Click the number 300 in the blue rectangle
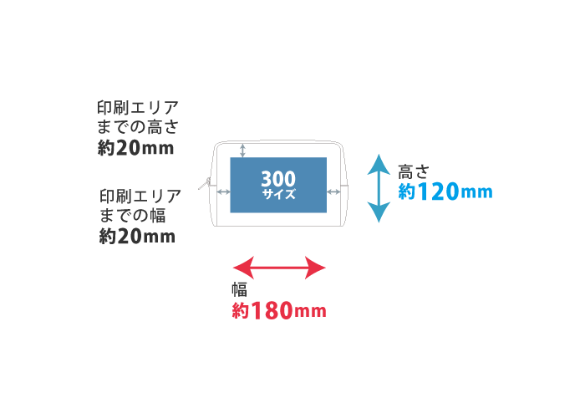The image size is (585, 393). click(277, 179)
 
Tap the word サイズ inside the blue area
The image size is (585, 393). click(277, 194)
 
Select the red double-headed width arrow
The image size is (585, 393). click(278, 268)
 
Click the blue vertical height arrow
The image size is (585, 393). click(379, 188)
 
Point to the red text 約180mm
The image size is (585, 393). click(278, 311)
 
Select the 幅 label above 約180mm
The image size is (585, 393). click(239, 289)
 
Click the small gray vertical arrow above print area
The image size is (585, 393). click(243, 150)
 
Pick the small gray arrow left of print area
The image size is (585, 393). click(223, 192)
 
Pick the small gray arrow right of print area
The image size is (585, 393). click(333, 192)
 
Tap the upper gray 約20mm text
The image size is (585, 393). click(136, 149)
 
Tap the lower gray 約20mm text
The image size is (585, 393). click(136, 236)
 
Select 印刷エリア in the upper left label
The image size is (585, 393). click(139, 108)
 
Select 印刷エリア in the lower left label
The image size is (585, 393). click(140, 196)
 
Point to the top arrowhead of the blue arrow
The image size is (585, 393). click(379, 162)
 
